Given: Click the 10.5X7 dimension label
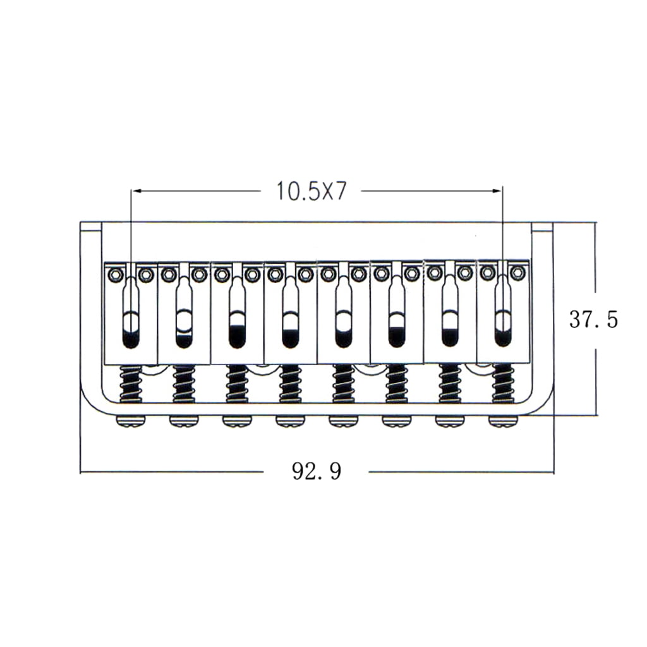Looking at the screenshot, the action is click(x=311, y=191).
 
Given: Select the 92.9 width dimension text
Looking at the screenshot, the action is click(x=317, y=471).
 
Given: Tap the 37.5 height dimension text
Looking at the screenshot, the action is click(x=594, y=319).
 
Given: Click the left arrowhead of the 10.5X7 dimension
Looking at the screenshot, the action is click(x=136, y=191).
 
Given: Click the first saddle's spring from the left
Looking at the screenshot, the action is click(x=131, y=384).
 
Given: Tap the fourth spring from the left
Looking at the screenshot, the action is click(x=291, y=384).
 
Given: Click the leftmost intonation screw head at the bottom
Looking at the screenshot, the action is click(x=131, y=421).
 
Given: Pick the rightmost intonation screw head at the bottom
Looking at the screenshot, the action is click(x=502, y=421).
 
